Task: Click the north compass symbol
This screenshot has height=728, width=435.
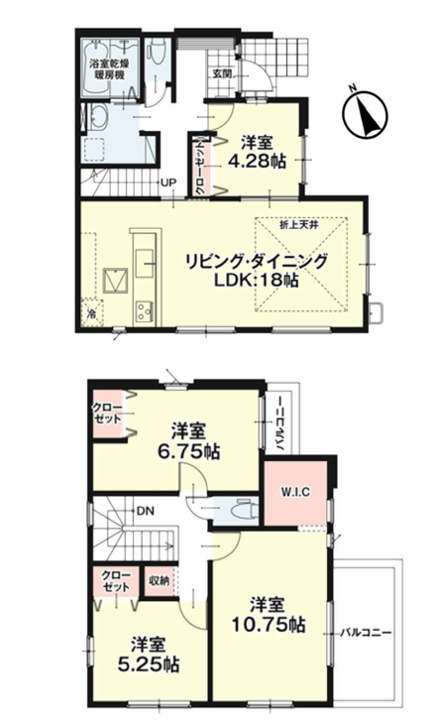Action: coord(365,112)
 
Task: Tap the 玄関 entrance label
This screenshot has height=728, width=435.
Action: coord(221,73)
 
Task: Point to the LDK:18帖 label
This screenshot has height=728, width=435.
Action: coord(256,280)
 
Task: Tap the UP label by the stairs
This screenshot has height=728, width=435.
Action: coord(168,182)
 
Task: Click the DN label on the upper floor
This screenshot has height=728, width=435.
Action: coord(145,511)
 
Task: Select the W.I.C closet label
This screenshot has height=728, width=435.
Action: coord(296,492)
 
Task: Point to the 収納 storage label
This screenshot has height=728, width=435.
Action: coord(160,580)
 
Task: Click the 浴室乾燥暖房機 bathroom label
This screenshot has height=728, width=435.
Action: coord(110,68)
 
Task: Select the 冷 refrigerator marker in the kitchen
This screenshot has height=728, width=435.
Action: coord(92,313)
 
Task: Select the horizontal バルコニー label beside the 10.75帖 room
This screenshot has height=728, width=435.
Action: coord(367,633)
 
